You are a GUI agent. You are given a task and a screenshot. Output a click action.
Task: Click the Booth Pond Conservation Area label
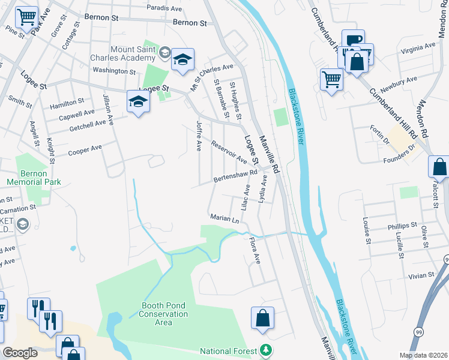pyautogui.click(x=163, y=314)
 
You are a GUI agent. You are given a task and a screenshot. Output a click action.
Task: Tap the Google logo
pyautogui.click(x=20, y=353)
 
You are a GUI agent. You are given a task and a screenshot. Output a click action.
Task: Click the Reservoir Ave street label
pyautogui.click(x=229, y=152)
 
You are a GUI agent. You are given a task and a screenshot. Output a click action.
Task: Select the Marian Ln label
pyautogui.click(x=224, y=218)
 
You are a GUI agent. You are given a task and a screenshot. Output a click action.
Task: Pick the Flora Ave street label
pyautogui.click(x=255, y=250)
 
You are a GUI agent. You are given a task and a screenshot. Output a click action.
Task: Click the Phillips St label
pyautogui.click(x=402, y=226)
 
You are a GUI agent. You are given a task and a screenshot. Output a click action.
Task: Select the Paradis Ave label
pyautogui.click(x=164, y=8)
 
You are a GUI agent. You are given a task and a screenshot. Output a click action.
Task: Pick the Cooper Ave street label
pyautogui.click(x=85, y=150)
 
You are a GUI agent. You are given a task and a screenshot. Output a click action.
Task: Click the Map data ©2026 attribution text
pyautogui.click(x=423, y=355)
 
